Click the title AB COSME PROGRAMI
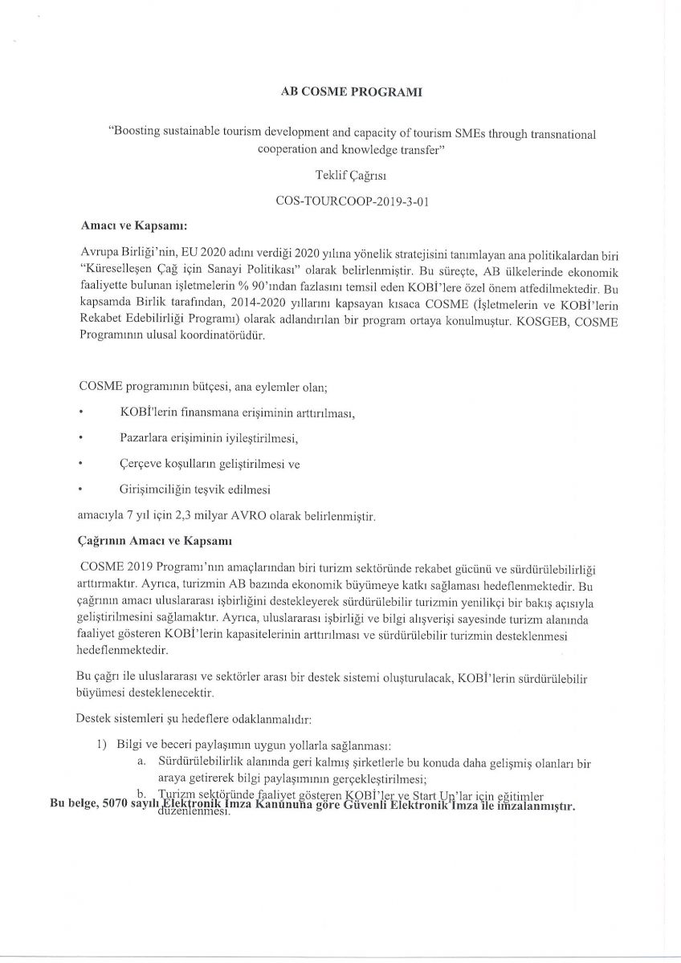point(340,92)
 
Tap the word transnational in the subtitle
point(563,135)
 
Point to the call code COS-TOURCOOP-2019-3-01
point(340,203)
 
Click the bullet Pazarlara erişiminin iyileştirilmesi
point(208,438)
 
